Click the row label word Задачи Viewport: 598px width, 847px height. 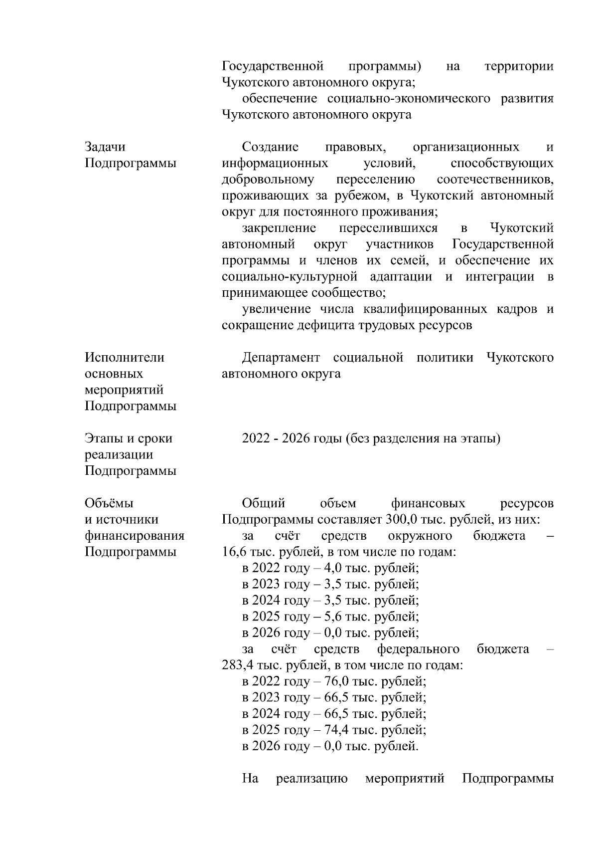[x=105, y=147]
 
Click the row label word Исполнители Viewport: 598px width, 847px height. [x=125, y=358]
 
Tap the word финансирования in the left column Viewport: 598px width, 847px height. [x=135, y=536]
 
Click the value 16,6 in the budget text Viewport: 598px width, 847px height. [x=233, y=552]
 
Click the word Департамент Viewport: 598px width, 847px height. [x=281, y=358]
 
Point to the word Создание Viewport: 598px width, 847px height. [x=270, y=147]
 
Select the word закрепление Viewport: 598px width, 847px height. [x=279, y=228]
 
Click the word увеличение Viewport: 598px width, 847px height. [x=278, y=309]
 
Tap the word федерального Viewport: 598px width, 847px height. [x=418, y=649]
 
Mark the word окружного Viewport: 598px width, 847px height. [x=420, y=536]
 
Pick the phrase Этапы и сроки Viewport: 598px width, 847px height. [x=129, y=439]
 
